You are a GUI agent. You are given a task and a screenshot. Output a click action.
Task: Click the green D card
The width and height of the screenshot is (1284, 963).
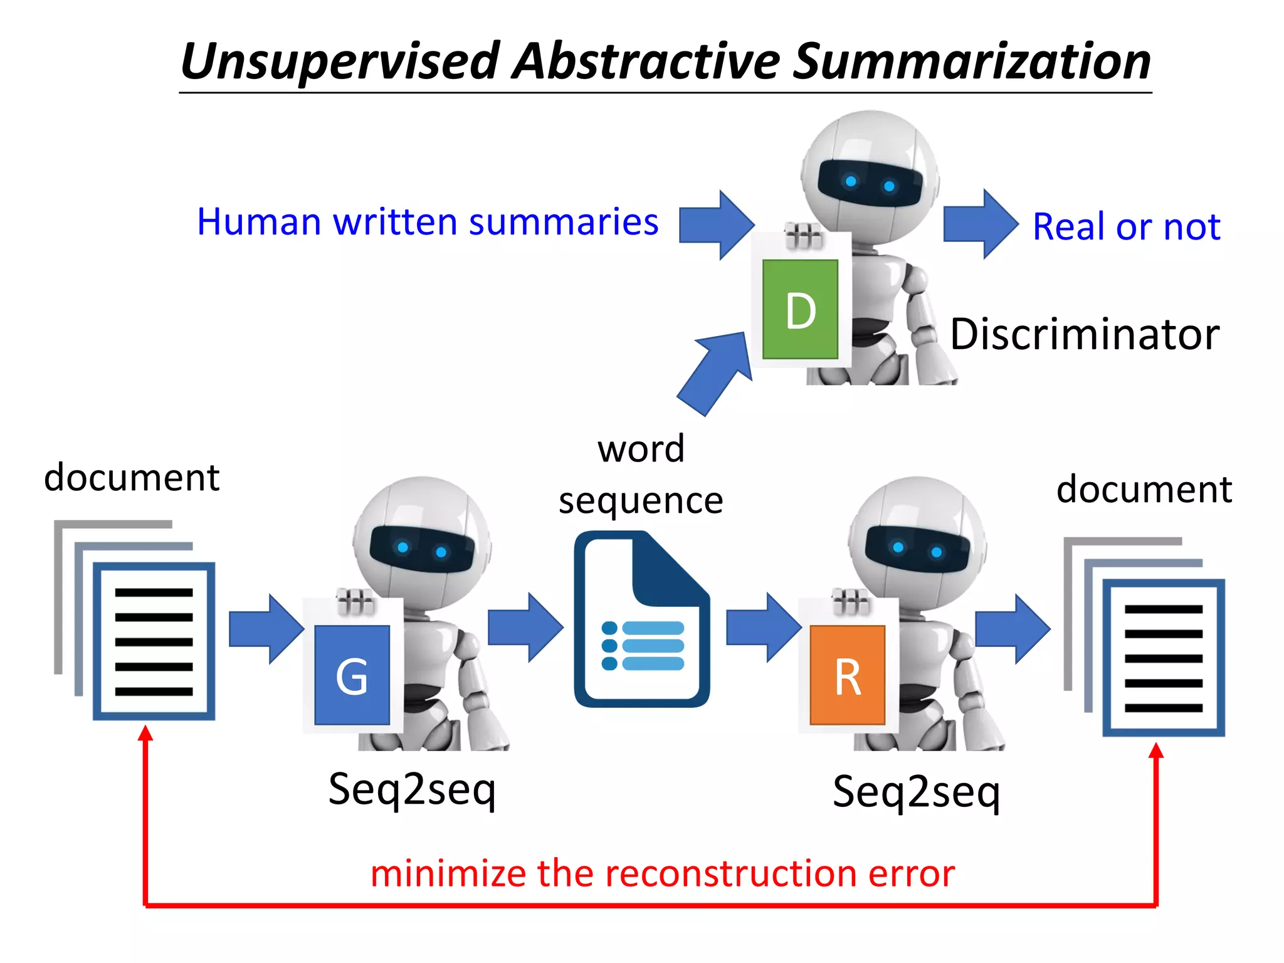click(x=800, y=308)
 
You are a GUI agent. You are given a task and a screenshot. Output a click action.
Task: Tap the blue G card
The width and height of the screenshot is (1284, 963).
click(x=352, y=675)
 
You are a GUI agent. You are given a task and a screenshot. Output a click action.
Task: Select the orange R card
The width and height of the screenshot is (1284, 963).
click(x=847, y=675)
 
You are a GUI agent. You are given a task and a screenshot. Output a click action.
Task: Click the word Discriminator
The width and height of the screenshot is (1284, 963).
click(x=1085, y=334)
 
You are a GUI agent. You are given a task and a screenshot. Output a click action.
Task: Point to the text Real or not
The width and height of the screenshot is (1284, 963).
click(x=1126, y=226)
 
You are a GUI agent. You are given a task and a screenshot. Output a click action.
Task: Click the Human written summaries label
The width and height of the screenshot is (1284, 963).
click(x=428, y=222)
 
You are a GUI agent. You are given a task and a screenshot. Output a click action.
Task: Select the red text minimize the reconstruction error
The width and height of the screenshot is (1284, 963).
click(x=662, y=873)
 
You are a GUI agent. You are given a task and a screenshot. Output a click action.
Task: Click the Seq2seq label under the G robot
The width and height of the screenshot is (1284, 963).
click(x=412, y=789)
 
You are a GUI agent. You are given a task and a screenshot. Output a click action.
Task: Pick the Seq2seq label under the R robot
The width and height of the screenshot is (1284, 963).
click(x=916, y=792)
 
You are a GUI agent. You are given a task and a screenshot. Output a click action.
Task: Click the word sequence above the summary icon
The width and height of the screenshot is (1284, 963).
click(x=641, y=501)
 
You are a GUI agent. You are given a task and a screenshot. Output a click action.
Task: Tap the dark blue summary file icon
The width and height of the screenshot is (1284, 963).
click(x=641, y=619)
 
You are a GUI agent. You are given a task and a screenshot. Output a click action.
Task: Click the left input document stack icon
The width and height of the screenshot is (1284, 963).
click(x=135, y=621)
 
